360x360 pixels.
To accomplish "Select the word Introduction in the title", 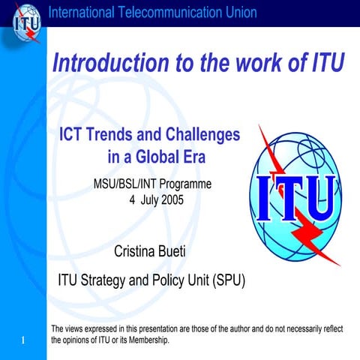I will pos(109,64).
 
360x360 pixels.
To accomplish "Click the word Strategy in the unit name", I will pos(105,281).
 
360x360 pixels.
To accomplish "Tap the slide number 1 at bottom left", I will pos(24,342).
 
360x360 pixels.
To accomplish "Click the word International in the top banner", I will pos(80,12).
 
